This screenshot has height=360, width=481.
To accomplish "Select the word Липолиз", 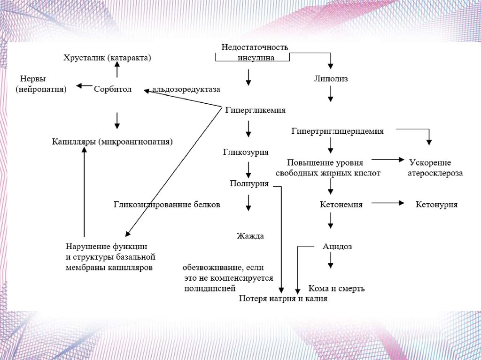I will coord(331,79).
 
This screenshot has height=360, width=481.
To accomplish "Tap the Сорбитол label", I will coord(113,88).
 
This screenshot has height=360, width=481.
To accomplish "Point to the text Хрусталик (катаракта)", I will coord(108,58).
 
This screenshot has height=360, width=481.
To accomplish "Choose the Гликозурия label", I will coord(246,152).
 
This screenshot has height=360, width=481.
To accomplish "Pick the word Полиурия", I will coord(249,184).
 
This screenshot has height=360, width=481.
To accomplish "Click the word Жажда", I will coord(250,236).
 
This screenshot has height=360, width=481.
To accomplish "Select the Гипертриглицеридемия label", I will coord(337,131).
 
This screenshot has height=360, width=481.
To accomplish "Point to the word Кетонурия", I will coord(437,205).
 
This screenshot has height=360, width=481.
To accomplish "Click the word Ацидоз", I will coord(337,246).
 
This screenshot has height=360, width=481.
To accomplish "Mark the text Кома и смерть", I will coord(336,288).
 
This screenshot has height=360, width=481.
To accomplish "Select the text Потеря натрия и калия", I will coord(283,299).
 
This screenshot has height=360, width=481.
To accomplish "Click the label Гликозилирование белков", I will coord(167,205).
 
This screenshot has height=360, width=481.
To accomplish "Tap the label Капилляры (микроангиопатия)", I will coord(112,141).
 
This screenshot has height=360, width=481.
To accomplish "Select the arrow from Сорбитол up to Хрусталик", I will coord(117,71).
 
